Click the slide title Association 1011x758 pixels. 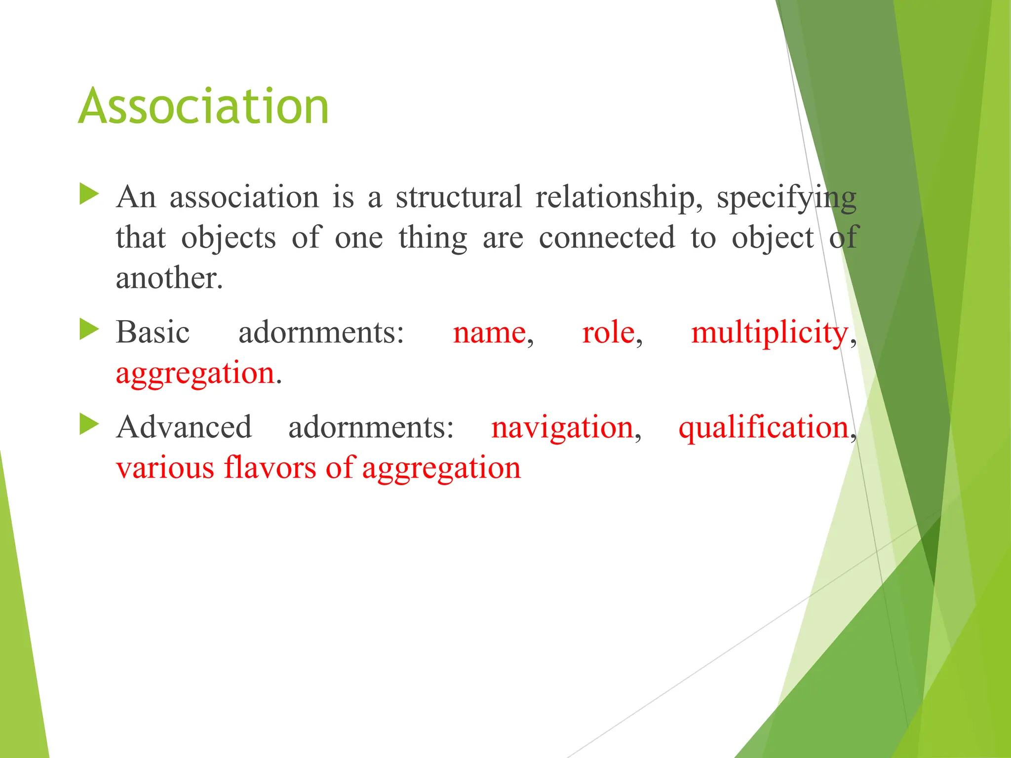(x=203, y=106)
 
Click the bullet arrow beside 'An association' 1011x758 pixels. (x=89, y=194)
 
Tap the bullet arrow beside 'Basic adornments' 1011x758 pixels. (x=89, y=329)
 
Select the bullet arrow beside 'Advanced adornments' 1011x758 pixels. (x=89, y=424)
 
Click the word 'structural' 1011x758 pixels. (x=459, y=196)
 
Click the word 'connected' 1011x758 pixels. (x=607, y=237)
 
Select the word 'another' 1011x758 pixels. (x=169, y=278)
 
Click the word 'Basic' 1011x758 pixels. (x=153, y=332)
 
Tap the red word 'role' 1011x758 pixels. (x=608, y=332)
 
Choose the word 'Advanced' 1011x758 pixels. (x=184, y=427)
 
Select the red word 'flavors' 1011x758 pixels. (x=270, y=467)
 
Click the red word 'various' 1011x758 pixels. (x=165, y=468)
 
